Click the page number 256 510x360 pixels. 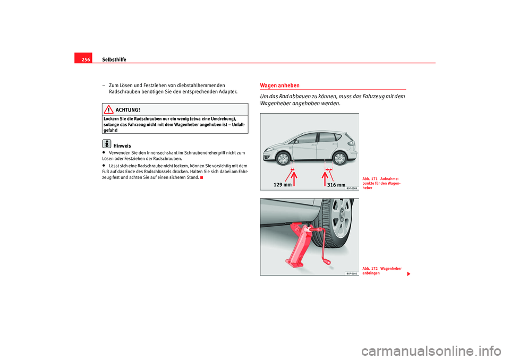pyautogui.click(x=86, y=59)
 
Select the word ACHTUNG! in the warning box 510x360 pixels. pyautogui.click(x=127, y=109)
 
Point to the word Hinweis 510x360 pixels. pyautogui.click(x=122, y=145)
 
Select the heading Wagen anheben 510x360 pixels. pyautogui.click(x=279, y=85)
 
